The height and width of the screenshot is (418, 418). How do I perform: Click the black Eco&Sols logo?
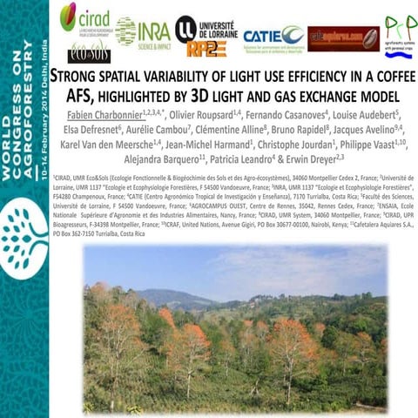(84, 50)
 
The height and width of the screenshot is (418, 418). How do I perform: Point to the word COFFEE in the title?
(383, 77)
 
